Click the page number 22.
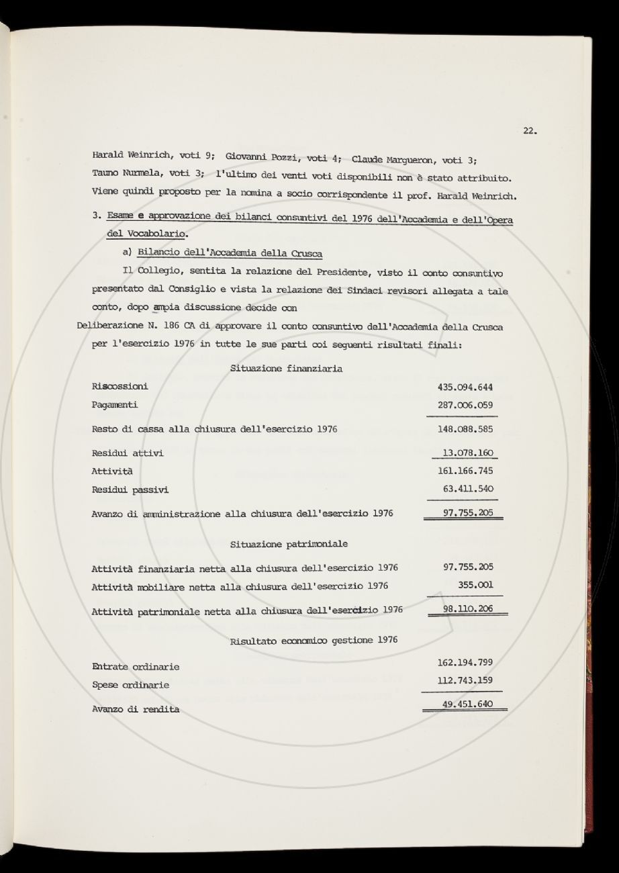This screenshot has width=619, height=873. click(x=529, y=131)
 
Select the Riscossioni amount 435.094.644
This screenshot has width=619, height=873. click(x=465, y=387)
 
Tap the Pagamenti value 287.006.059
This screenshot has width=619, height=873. click(x=465, y=406)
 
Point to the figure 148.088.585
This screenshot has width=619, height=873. click(x=465, y=429)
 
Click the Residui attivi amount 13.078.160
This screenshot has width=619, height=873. click(x=468, y=453)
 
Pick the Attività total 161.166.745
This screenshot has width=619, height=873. click(x=465, y=471)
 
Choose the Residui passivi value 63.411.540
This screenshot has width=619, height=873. click(x=468, y=489)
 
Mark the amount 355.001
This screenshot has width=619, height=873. click(x=475, y=585)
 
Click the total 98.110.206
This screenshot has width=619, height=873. click(x=468, y=608)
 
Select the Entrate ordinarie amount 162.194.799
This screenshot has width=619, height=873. click(x=465, y=662)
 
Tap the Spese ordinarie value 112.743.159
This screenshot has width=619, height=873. click(x=465, y=680)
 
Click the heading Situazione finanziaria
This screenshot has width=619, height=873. click(x=286, y=369)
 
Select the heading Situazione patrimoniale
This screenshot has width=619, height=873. click(x=289, y=543)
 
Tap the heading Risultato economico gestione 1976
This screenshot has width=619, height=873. click(x=313, y=640)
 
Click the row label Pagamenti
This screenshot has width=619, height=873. click(x=115, y=406)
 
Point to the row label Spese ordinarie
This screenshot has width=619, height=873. click(x=130, y=686)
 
